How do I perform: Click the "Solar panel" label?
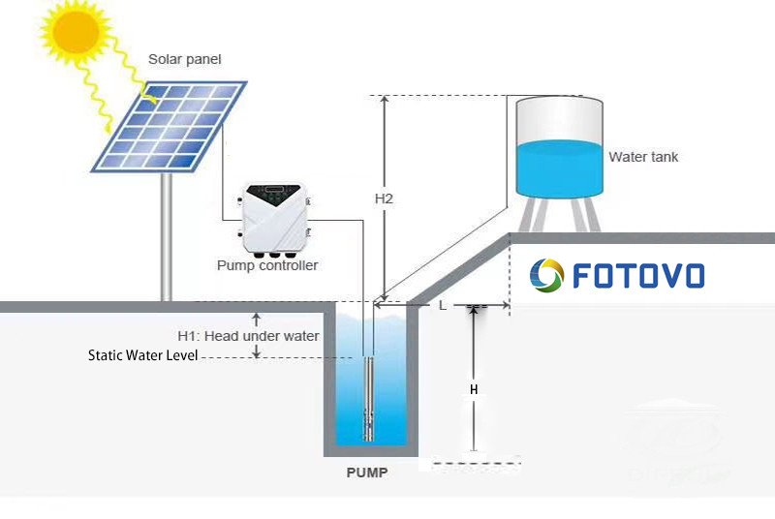(184, 60)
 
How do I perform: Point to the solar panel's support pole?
(167, 237)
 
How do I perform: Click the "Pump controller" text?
(267, 265)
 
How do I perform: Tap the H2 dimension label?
(384, 198)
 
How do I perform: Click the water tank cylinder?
(558, 145)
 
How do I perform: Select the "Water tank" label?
(643, 157)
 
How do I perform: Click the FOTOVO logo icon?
(546, 275)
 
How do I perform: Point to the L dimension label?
(443, 306)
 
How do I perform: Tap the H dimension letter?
(474, 389)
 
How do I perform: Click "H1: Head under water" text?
(248, 336)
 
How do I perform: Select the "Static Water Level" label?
(142, 355)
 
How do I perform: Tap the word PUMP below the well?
(367, 473)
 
